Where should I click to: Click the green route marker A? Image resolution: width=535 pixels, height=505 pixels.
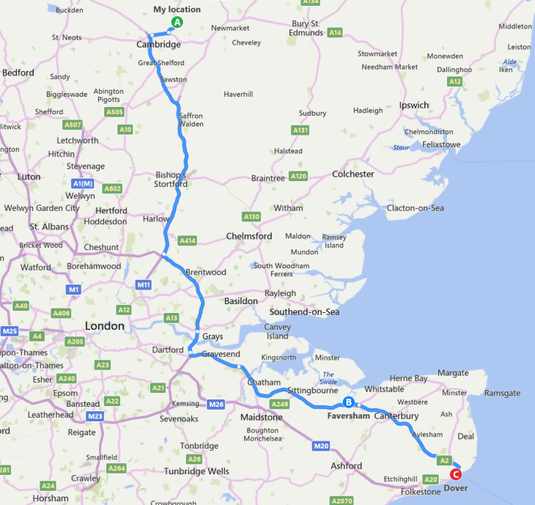[176, 23]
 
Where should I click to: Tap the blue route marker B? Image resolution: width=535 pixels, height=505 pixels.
[349, 402]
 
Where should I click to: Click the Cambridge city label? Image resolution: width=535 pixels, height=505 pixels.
[158, 45]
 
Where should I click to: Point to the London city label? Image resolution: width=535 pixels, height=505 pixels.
[105, 325]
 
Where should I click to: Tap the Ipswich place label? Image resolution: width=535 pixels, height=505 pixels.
[414, 106]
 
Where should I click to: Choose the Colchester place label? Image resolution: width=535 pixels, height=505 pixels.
[353, 174]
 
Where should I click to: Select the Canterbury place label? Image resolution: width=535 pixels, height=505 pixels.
[396, 416]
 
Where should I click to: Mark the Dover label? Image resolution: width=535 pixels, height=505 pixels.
[456, 488]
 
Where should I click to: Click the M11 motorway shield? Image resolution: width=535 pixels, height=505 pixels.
[144, 284]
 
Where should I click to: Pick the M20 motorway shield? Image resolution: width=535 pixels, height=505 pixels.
[320, 446]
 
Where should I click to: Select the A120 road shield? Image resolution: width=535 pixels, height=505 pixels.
[298, 177]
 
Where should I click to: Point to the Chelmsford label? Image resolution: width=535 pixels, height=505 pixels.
[249, 237]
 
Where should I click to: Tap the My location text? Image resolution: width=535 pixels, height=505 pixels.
[177, 10]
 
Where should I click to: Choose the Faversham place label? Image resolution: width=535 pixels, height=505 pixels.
[348, 416]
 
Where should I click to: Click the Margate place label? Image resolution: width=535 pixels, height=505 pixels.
[452, 373]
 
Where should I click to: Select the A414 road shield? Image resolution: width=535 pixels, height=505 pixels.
[187, 240]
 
